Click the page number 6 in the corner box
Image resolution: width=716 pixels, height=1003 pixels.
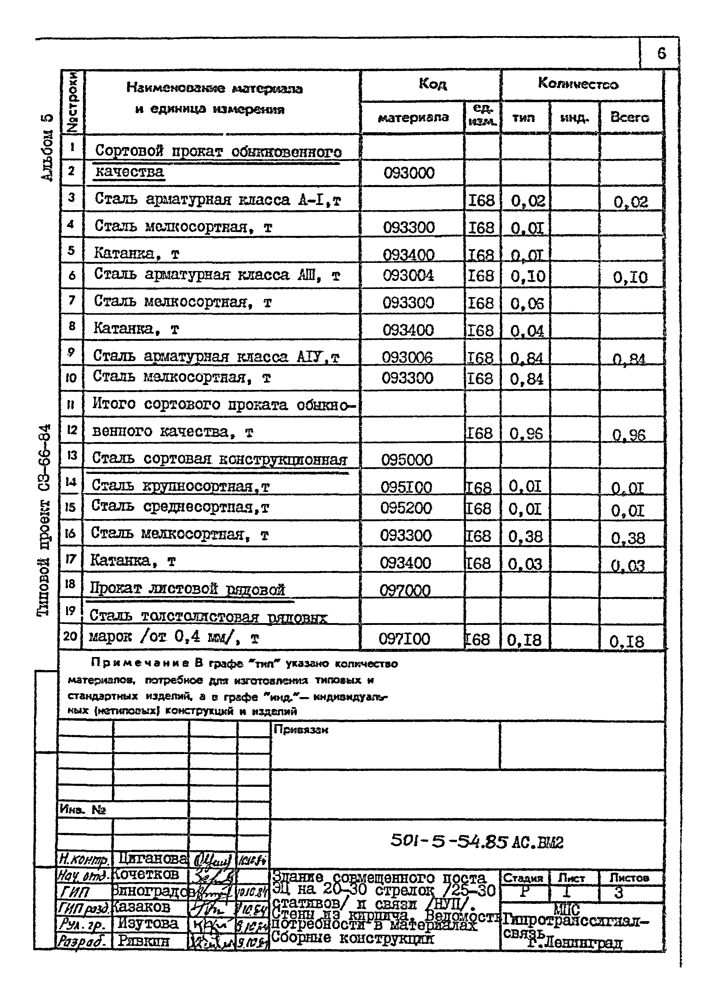coord(661,54)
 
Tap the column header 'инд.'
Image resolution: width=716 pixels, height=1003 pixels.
coord(574,118)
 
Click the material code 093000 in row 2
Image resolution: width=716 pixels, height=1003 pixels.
coord(409,173)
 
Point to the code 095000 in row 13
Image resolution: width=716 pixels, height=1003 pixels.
coord(407,460)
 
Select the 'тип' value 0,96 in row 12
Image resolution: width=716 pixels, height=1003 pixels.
coord(526,434)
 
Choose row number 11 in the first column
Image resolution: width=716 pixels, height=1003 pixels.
coord(71,404)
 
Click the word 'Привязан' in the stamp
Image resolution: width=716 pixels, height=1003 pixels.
coord(301,730)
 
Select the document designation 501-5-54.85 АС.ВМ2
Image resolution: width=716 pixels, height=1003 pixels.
coord(477,842)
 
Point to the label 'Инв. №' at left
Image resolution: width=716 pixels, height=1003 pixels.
coord(82,810)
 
